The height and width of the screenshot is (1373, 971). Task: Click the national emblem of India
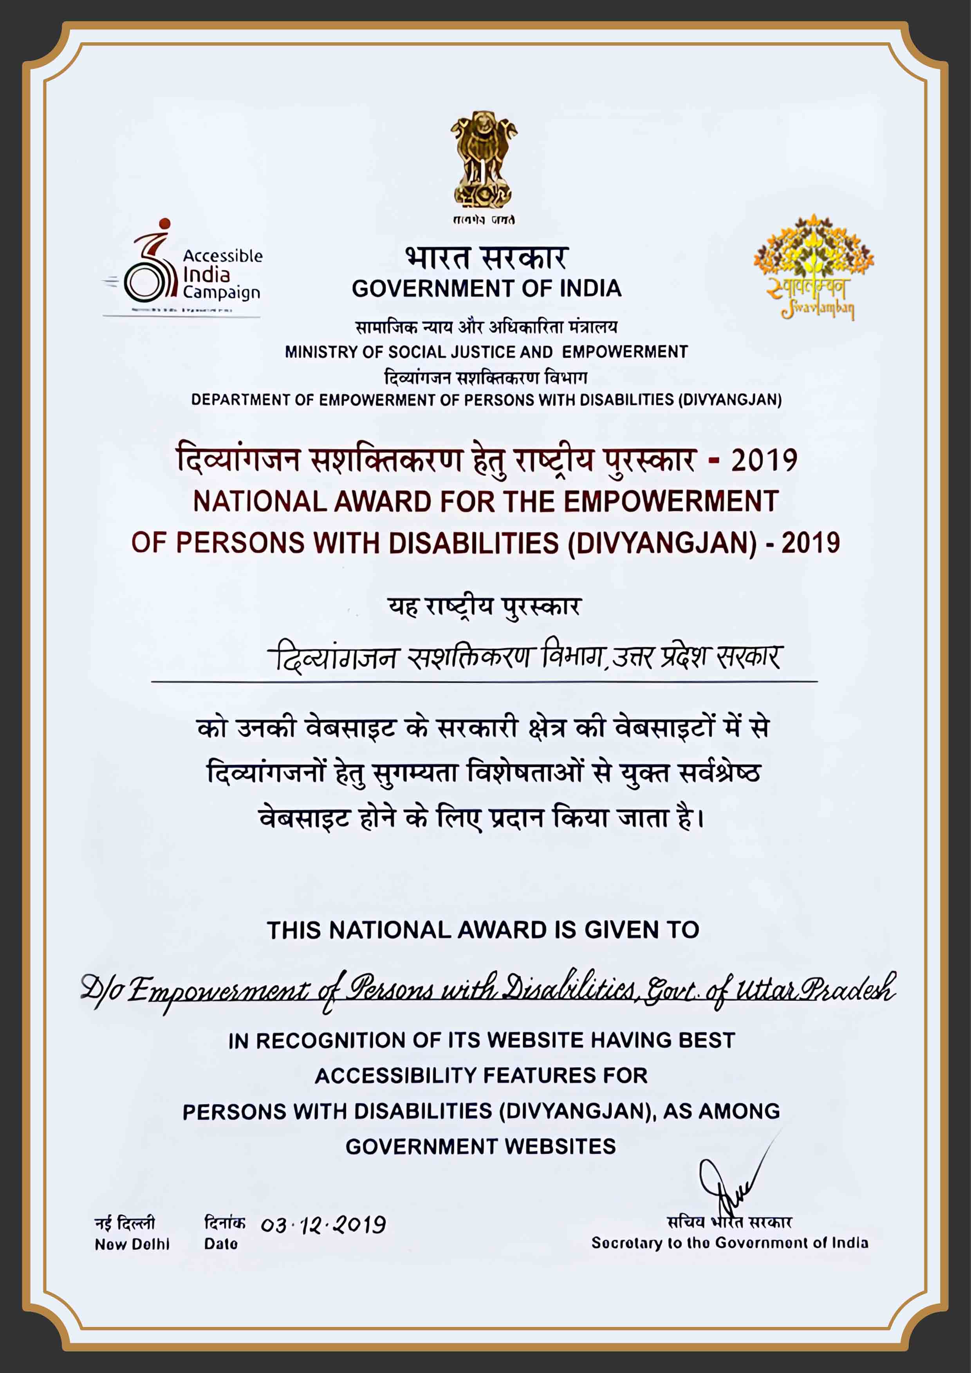click(484, 162)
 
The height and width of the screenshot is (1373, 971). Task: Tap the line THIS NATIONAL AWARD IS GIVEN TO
click(483, 930)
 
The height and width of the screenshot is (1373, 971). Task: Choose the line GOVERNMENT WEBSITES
click(480, 1146)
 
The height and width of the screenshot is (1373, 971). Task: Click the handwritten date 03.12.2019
click(323, 1224)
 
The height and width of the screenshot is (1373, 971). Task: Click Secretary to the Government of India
click(729, 1243)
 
